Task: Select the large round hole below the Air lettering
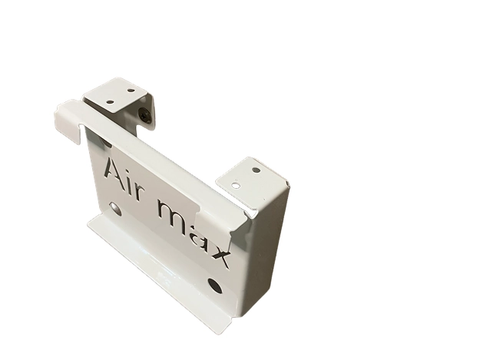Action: (x=115, y=208)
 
